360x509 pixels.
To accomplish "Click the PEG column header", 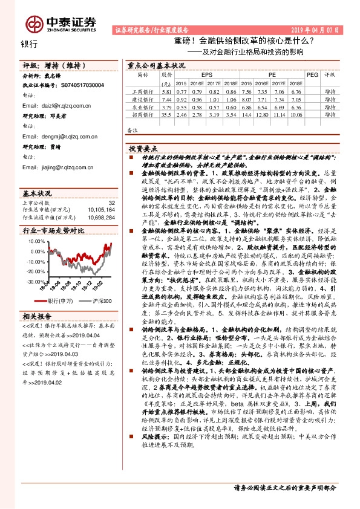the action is coord(312,74).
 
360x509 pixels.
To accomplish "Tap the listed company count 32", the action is coord(111,203).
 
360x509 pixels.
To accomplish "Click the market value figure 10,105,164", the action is coord(101,210).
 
